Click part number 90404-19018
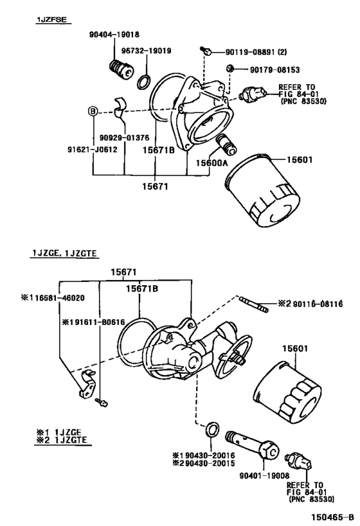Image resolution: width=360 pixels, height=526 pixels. (114, 34)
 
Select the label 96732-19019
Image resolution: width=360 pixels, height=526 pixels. (146, 51)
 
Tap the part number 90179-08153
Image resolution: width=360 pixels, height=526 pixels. (274, 70)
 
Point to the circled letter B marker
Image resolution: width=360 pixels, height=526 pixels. (93, 110)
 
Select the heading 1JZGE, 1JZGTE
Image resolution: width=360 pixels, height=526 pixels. (64, 253)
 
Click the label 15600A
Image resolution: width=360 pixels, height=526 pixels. (212, 163)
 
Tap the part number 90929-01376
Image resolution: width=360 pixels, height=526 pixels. (124, 138)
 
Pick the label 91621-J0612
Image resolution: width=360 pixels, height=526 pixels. (93, 149)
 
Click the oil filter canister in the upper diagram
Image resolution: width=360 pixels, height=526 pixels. (262, 191)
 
